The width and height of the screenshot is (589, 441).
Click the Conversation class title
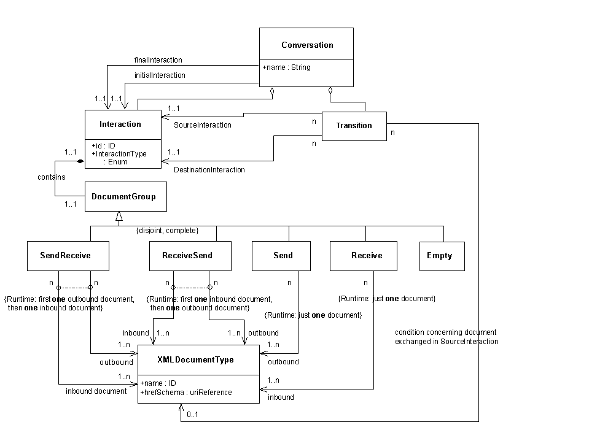coord(306,45)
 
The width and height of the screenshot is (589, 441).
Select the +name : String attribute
coord(286,67)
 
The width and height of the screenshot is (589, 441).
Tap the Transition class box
coord(354,126)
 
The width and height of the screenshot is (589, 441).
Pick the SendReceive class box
coord(68,256)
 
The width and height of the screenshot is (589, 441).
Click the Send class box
coord(283,256)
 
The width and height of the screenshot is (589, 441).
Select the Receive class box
coord(366,256)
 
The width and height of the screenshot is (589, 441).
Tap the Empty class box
coord(440,256)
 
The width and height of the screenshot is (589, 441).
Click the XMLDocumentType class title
coord(195,360)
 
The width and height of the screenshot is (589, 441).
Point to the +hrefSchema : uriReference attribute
coord(186,392)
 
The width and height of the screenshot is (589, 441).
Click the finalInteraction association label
coord(158,60)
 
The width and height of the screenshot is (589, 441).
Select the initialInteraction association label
coord(159,75)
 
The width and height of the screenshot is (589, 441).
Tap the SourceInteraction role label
coord(202,125)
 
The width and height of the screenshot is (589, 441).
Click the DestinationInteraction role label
coord(209,170)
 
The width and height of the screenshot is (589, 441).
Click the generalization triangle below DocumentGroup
coord(119,217)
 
